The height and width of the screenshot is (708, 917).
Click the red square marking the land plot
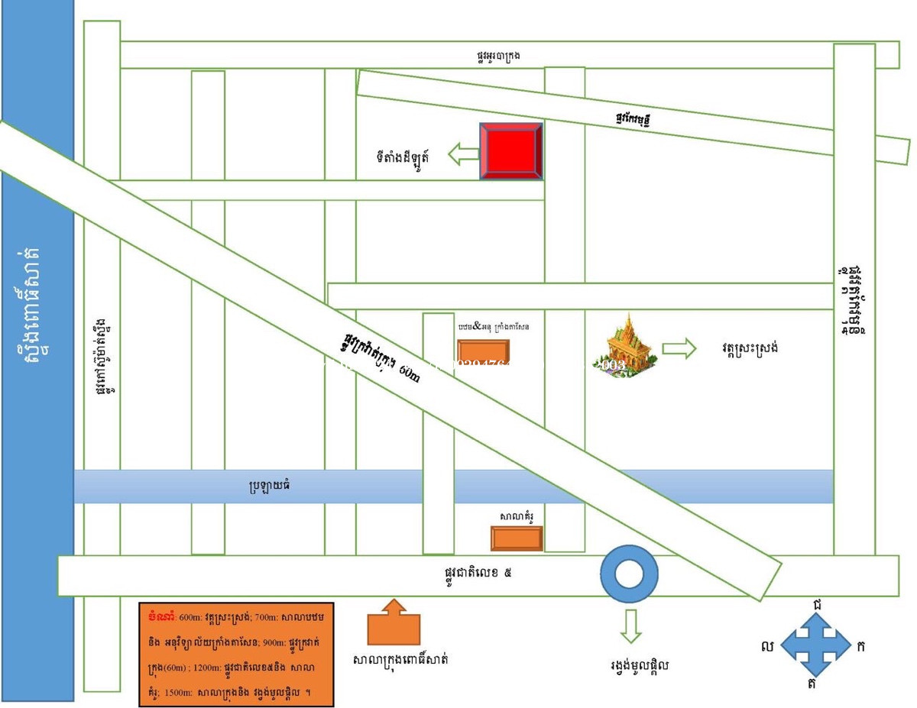click(511, 151)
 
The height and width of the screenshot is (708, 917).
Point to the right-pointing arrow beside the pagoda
click(679, 350)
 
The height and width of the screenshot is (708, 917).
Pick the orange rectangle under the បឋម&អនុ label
click(483, 351)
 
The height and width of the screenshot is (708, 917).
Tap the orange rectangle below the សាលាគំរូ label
click(517, 538)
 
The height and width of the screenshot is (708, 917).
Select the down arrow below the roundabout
click(630, 626)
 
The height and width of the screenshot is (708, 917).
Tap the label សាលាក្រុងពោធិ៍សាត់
click(400, 659)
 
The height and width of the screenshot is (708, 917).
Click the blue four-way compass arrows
click(818, 645)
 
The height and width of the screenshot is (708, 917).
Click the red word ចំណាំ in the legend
click(163, 616)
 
